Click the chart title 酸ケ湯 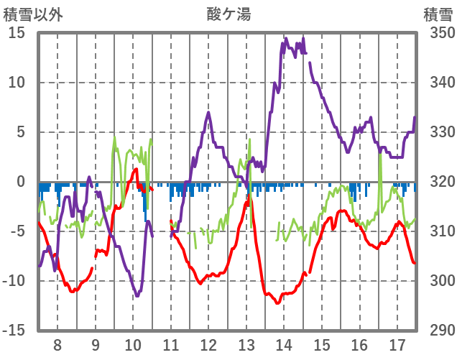point(228,14)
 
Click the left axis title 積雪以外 point(34,14)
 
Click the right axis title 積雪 point(437,14)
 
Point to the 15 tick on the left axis point(17,33)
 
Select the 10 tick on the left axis point(17,83)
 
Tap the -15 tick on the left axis point(14,331)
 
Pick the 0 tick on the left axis point(21,182)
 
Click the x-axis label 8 point(57,343)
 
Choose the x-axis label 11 point(170,343)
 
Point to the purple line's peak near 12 point(208,112)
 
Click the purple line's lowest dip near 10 point(137,295)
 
